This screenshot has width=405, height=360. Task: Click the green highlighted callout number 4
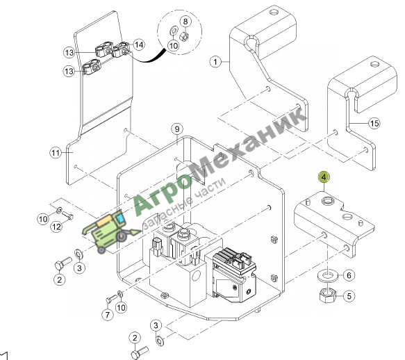324,177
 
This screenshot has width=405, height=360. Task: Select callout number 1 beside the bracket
215,62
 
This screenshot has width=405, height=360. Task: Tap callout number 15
374,123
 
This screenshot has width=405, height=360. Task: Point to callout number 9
177,129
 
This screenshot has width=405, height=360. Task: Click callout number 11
56,153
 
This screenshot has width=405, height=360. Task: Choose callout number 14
139,44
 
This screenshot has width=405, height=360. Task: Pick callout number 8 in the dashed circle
185,21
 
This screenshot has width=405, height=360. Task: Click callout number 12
56,227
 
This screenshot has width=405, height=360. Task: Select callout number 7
108,315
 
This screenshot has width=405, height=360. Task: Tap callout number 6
349,275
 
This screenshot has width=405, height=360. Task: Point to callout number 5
349,296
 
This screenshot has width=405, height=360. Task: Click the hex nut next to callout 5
327,295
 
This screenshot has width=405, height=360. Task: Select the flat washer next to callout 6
327,276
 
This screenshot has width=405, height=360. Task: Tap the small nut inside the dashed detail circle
184,36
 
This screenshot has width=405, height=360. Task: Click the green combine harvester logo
111,231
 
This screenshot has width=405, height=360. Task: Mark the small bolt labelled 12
67,216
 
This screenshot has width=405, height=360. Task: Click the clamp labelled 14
122,50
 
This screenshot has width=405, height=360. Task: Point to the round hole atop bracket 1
274,12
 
